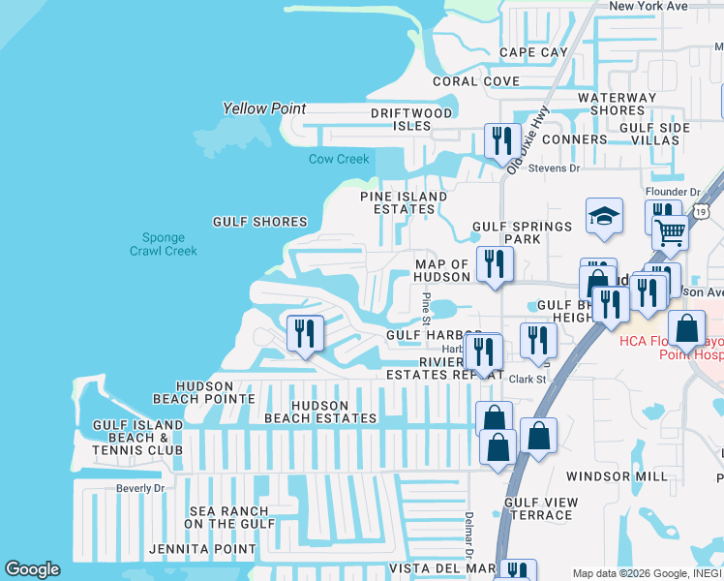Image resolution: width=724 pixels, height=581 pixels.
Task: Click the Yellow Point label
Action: [264, 108]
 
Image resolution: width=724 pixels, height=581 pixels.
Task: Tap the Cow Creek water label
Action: [339, 159]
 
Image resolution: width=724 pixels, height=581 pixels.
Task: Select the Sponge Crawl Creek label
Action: [164, 244]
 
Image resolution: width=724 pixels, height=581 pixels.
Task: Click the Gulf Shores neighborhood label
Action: [259, 222]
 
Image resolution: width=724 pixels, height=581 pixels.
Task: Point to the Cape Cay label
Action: [533, 52]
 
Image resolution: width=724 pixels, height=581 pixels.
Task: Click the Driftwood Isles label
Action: [412, 119]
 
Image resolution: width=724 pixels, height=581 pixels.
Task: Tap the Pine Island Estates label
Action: [404, 202]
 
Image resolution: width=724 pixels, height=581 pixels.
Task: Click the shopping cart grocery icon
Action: [669, 231]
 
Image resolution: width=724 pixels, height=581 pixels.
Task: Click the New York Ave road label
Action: [648, 6]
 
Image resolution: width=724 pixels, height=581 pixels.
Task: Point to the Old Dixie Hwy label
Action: [528, 139]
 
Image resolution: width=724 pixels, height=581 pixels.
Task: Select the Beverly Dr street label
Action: [140, 489]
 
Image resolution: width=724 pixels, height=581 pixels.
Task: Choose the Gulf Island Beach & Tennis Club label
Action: [137, 438]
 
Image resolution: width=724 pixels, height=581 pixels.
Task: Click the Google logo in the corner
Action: [32, 569]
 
